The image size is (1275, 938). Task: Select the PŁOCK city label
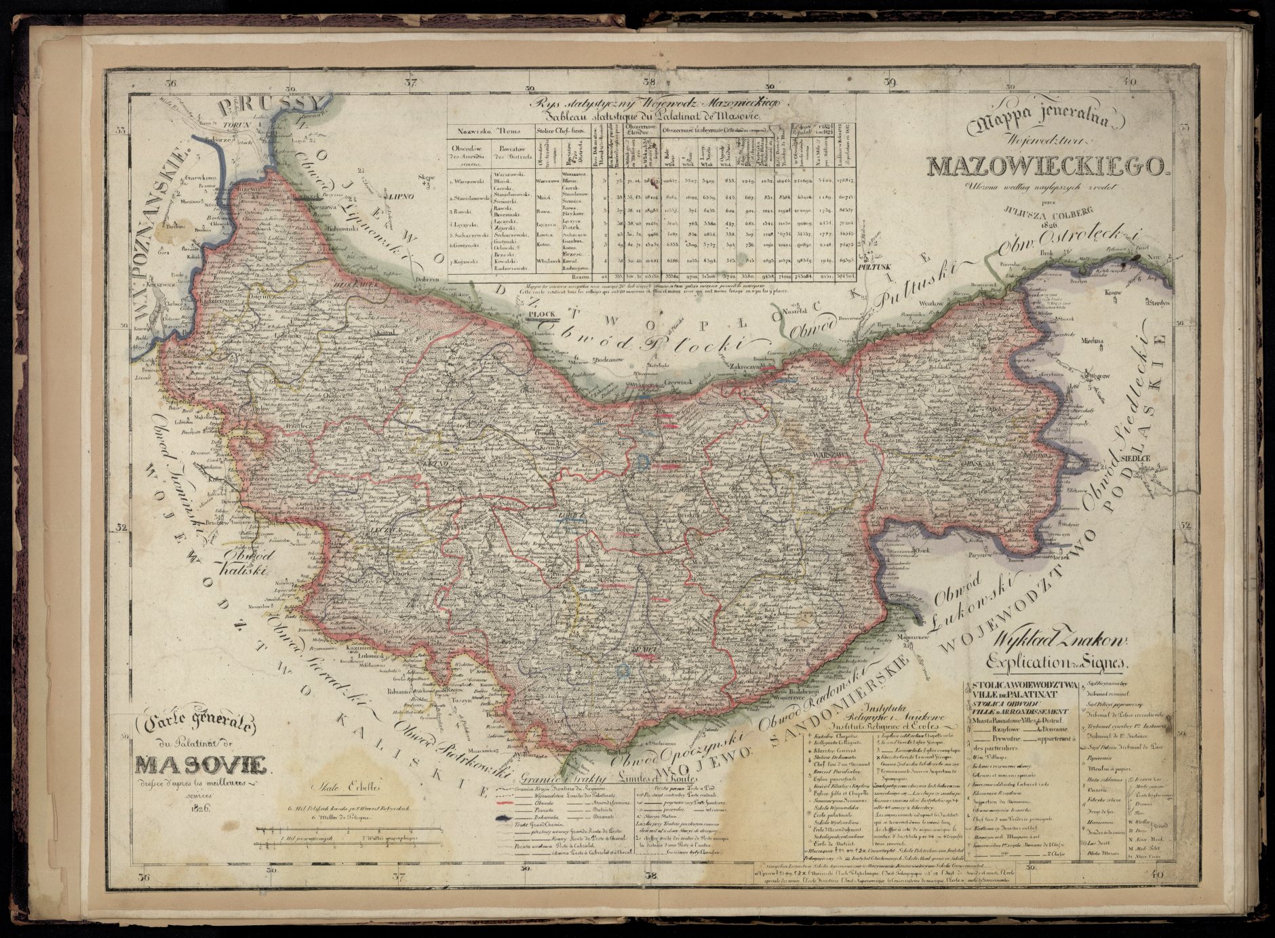tap(542, 315)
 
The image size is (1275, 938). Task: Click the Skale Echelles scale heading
tap(347, 788)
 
